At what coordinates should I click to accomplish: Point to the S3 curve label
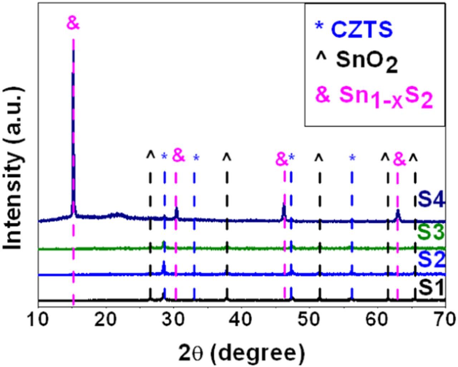coord(432,233)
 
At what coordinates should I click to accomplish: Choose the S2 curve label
coord(432,260)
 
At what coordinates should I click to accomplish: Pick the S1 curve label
coord(432,288)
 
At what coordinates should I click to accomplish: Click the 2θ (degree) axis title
coord(242,352)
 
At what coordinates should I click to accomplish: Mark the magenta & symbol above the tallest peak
coord(73,24)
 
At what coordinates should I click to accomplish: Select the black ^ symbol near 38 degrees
coord(227,157)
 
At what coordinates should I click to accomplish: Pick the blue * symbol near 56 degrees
coord(352,158)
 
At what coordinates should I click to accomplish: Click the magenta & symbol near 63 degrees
coord(399,160)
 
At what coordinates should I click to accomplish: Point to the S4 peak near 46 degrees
coord(284,206)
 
